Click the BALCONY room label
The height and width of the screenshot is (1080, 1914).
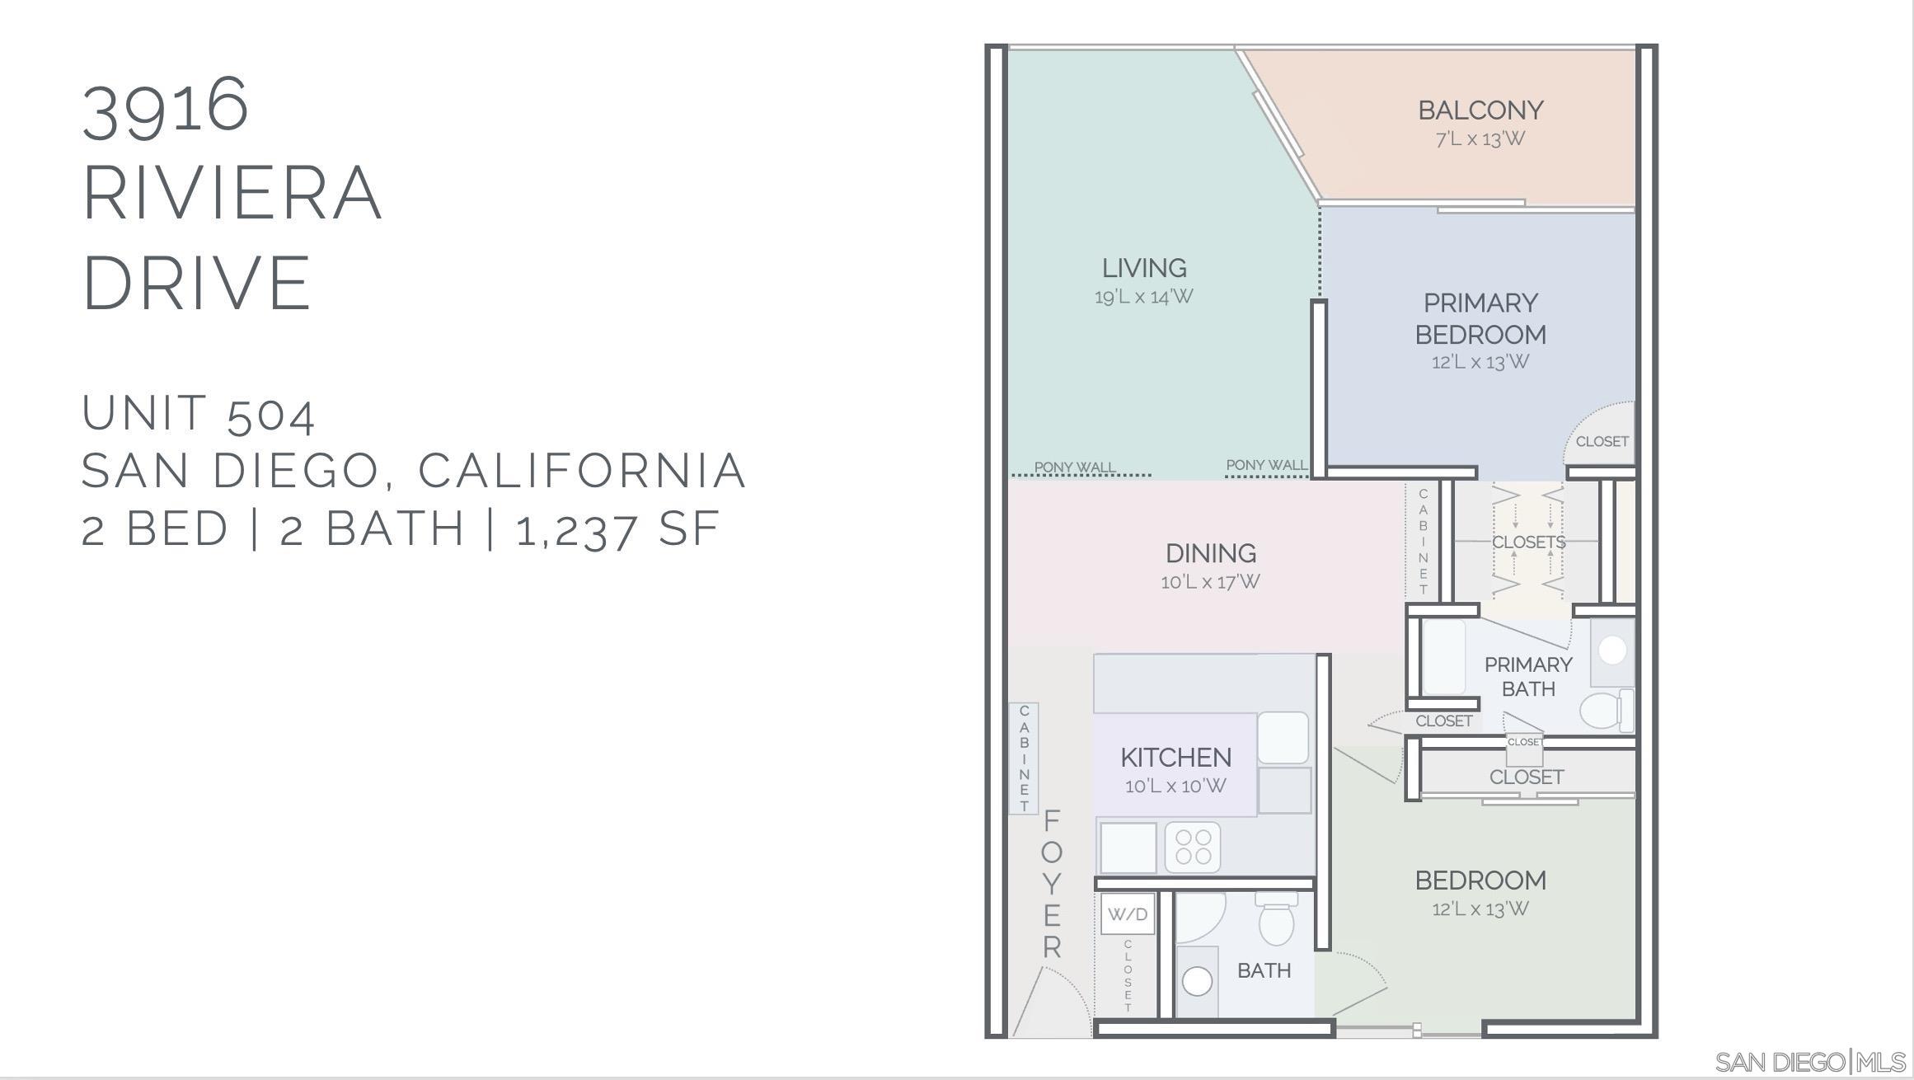pos(1480,110)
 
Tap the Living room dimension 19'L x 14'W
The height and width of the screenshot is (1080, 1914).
pos(1143,297)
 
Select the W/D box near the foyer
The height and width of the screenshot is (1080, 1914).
pos(1127,914)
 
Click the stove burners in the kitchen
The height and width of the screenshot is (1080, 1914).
pos(1193,847)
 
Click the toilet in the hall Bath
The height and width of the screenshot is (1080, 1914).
pos(1275,922)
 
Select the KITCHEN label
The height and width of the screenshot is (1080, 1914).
pos(1175,757)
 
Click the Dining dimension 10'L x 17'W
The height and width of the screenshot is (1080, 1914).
pos(1210,582)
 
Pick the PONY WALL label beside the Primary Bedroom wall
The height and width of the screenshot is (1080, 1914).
pos(1266,465)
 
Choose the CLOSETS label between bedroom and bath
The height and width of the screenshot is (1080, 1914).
pos(1528,542)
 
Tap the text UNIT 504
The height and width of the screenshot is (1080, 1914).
pos(198,413)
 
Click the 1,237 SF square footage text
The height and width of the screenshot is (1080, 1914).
pos(617,529)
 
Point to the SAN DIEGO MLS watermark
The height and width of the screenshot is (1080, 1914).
pos(1809,1062)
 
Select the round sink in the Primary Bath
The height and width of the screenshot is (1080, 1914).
pos(1611,650)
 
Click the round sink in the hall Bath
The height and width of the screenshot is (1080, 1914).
pos(1197,981)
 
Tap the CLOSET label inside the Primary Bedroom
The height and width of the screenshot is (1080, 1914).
pos(1602,442)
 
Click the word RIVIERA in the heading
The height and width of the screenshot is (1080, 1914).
pos(232,194)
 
